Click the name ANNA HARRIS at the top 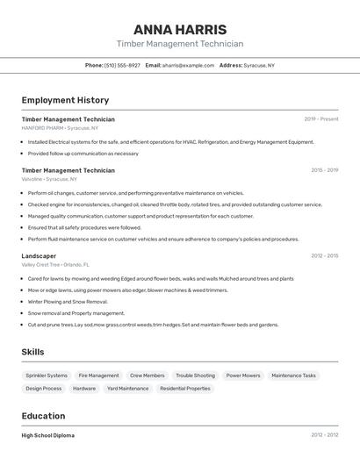(180, 29)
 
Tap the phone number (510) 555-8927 (122, 65)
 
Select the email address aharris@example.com (188, 65)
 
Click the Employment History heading (65, 100)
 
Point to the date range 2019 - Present (321, 119)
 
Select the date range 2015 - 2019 (324, 170)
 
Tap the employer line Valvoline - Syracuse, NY (55, 179)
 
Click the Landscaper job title (39, 256)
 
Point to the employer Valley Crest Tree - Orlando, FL (55, 264)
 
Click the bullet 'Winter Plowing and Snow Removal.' (68, 302)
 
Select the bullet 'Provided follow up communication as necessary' (83, 154)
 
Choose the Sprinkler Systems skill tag (47, 376)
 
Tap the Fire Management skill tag (98, 376)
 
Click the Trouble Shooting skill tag (195, 376)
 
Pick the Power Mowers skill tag (243, 376)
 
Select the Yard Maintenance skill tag (127, 389)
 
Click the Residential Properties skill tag (185, 389)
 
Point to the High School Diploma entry (48, 435)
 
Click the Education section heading (43, 416)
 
